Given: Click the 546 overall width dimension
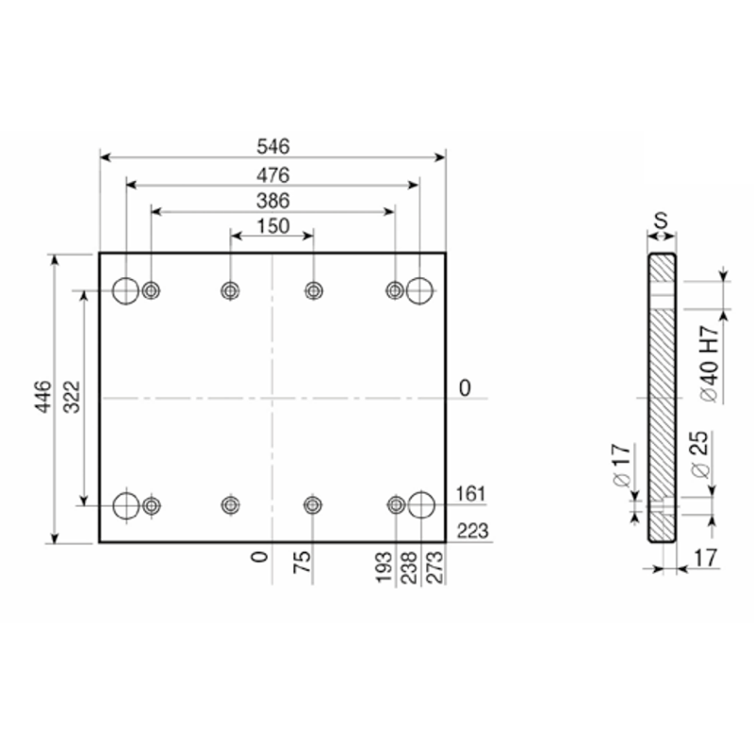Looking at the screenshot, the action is point(273,147).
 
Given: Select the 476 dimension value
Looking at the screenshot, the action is point(273,175).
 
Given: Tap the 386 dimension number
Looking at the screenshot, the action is point(273,201).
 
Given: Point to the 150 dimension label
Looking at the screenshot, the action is point(273,226).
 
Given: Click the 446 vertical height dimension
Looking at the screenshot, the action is point(43,396).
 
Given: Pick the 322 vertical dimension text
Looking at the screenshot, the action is point(73,397).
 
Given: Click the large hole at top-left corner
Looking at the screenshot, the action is point(125,291).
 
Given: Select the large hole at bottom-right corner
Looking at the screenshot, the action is point(421,505).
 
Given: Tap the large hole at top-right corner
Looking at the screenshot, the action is point(419,291).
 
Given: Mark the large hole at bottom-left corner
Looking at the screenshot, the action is point(126,506).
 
